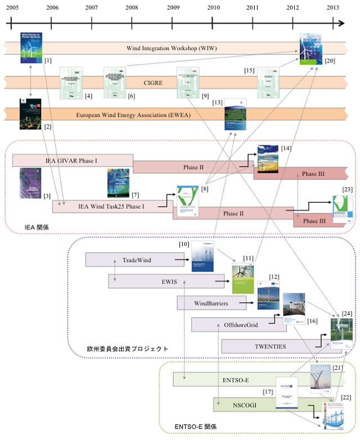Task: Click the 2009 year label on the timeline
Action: pos(172,7)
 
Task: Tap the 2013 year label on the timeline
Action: pos(333,7)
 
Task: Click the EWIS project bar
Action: pos(161,281)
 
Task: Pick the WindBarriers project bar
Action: pos(211,303)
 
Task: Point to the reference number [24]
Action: pos(346,313)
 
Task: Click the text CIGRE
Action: pos(153,83)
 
